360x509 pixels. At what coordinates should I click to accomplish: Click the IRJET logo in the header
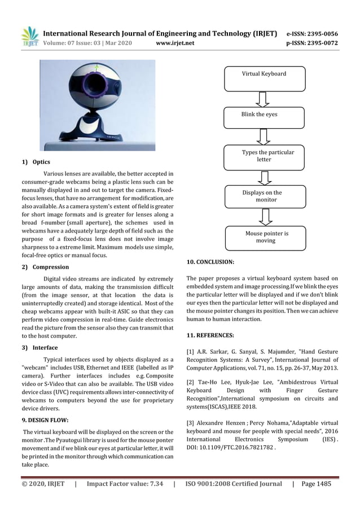[30, 36]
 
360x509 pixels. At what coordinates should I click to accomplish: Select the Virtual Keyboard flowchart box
[264, 78]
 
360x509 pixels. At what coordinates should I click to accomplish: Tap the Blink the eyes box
[264, 117]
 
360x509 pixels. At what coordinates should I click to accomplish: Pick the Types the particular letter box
[264, 156]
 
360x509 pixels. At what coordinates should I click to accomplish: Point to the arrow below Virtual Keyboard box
[264, 99]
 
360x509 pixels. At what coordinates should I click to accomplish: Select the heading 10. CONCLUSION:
[210, 262]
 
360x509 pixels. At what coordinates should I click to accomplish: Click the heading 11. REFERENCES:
[211, 335]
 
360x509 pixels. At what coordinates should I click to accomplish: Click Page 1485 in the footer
[316, 484]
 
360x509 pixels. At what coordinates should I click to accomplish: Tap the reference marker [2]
[190, 382]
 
